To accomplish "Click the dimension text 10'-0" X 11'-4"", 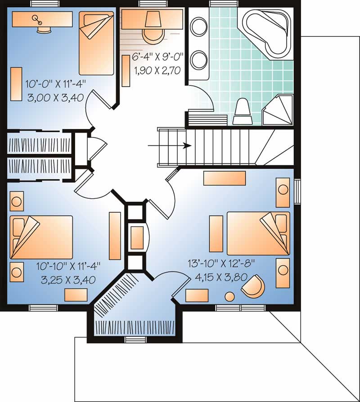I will point(55,83).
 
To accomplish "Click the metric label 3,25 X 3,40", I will point(68,280).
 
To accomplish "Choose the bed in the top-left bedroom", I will point(96,43).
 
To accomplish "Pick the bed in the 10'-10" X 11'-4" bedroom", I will point(41,237).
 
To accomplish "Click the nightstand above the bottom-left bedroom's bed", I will point(17,201).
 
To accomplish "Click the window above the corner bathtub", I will point(219,4).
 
